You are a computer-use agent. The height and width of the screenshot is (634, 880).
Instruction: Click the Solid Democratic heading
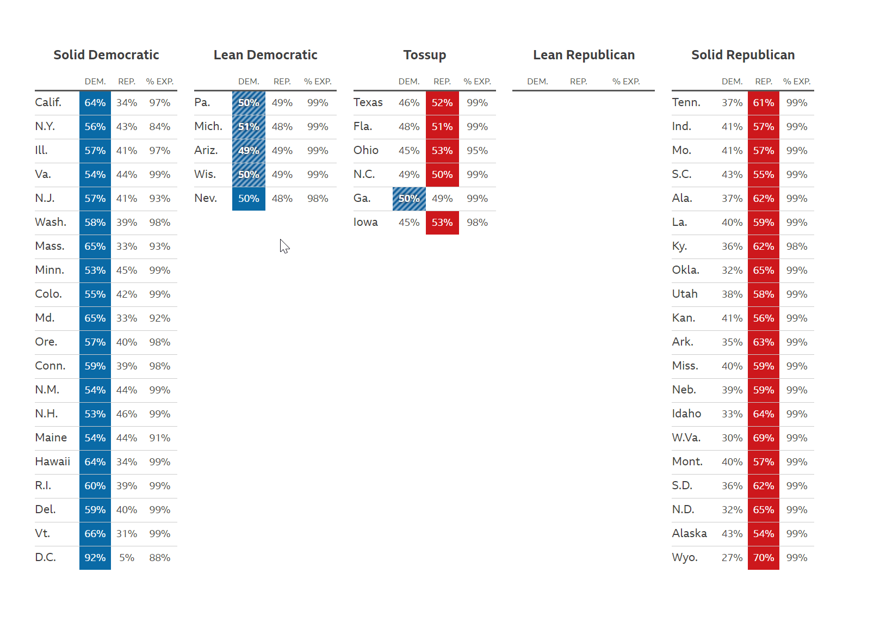pos(106,55)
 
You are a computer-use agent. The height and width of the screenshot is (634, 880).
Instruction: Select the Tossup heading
pos(424,55)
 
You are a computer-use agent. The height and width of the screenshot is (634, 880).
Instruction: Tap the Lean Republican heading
pos(584,55)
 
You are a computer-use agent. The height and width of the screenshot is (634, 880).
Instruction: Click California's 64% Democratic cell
pos(95,103)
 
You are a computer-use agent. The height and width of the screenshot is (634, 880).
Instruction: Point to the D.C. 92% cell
pos(95,558)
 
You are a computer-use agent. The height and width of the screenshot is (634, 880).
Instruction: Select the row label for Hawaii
pos(53,461)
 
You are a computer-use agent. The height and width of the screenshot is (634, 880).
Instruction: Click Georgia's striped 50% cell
pos(409,199)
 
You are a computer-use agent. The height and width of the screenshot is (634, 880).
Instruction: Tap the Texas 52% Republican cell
pos(442,103)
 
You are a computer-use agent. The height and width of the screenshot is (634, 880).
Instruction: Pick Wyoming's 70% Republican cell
pos(763,558)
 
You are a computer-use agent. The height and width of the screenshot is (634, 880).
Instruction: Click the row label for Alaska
pos(689,533)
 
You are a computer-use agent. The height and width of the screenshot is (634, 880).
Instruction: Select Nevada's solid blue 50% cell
pos(249,199)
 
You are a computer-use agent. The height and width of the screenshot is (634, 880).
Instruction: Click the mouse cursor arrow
pos(284,246)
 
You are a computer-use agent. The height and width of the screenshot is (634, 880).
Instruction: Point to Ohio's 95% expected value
pos(477,151)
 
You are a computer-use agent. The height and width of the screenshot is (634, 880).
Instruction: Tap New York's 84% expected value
pos(160,127)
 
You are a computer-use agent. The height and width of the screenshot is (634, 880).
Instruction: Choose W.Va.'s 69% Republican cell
pos(763,438)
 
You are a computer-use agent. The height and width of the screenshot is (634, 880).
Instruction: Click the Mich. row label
pos(208,126)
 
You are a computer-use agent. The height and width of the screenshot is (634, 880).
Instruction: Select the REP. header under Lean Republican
pos(578,82)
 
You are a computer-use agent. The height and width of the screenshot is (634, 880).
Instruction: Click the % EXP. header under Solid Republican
pos(796,82)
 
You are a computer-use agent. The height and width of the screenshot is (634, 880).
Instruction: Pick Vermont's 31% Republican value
pos(127,534)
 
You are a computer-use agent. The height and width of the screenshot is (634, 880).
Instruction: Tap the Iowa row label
pos(365,222)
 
